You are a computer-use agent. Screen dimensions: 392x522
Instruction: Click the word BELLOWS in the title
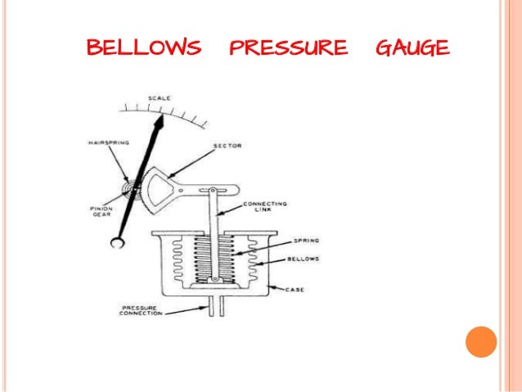143,48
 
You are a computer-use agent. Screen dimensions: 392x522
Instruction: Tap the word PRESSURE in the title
288,48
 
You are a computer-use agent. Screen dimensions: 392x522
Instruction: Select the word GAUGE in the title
412,48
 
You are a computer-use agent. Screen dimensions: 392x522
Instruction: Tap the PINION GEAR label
102,212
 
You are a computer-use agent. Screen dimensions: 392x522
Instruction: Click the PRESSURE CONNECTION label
136,312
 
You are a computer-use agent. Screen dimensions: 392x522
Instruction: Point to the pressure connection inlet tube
214,307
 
